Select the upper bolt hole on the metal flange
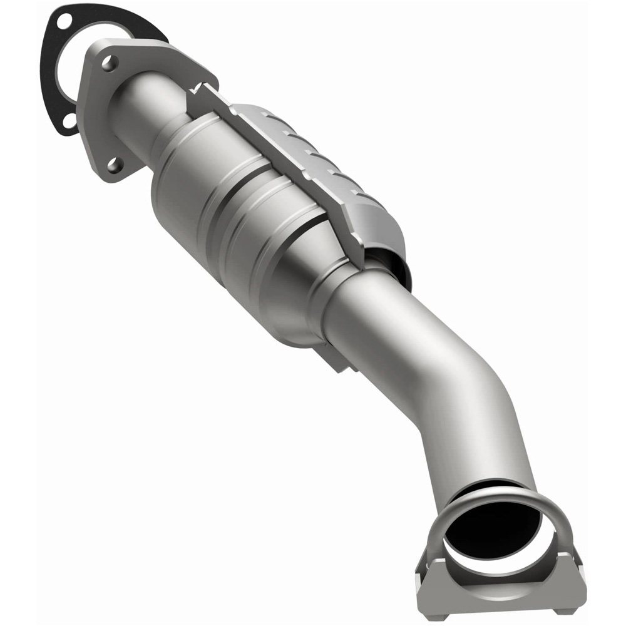[x=108, y=63]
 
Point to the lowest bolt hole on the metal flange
[x=113, y=165]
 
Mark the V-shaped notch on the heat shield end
[x=199, y=91]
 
